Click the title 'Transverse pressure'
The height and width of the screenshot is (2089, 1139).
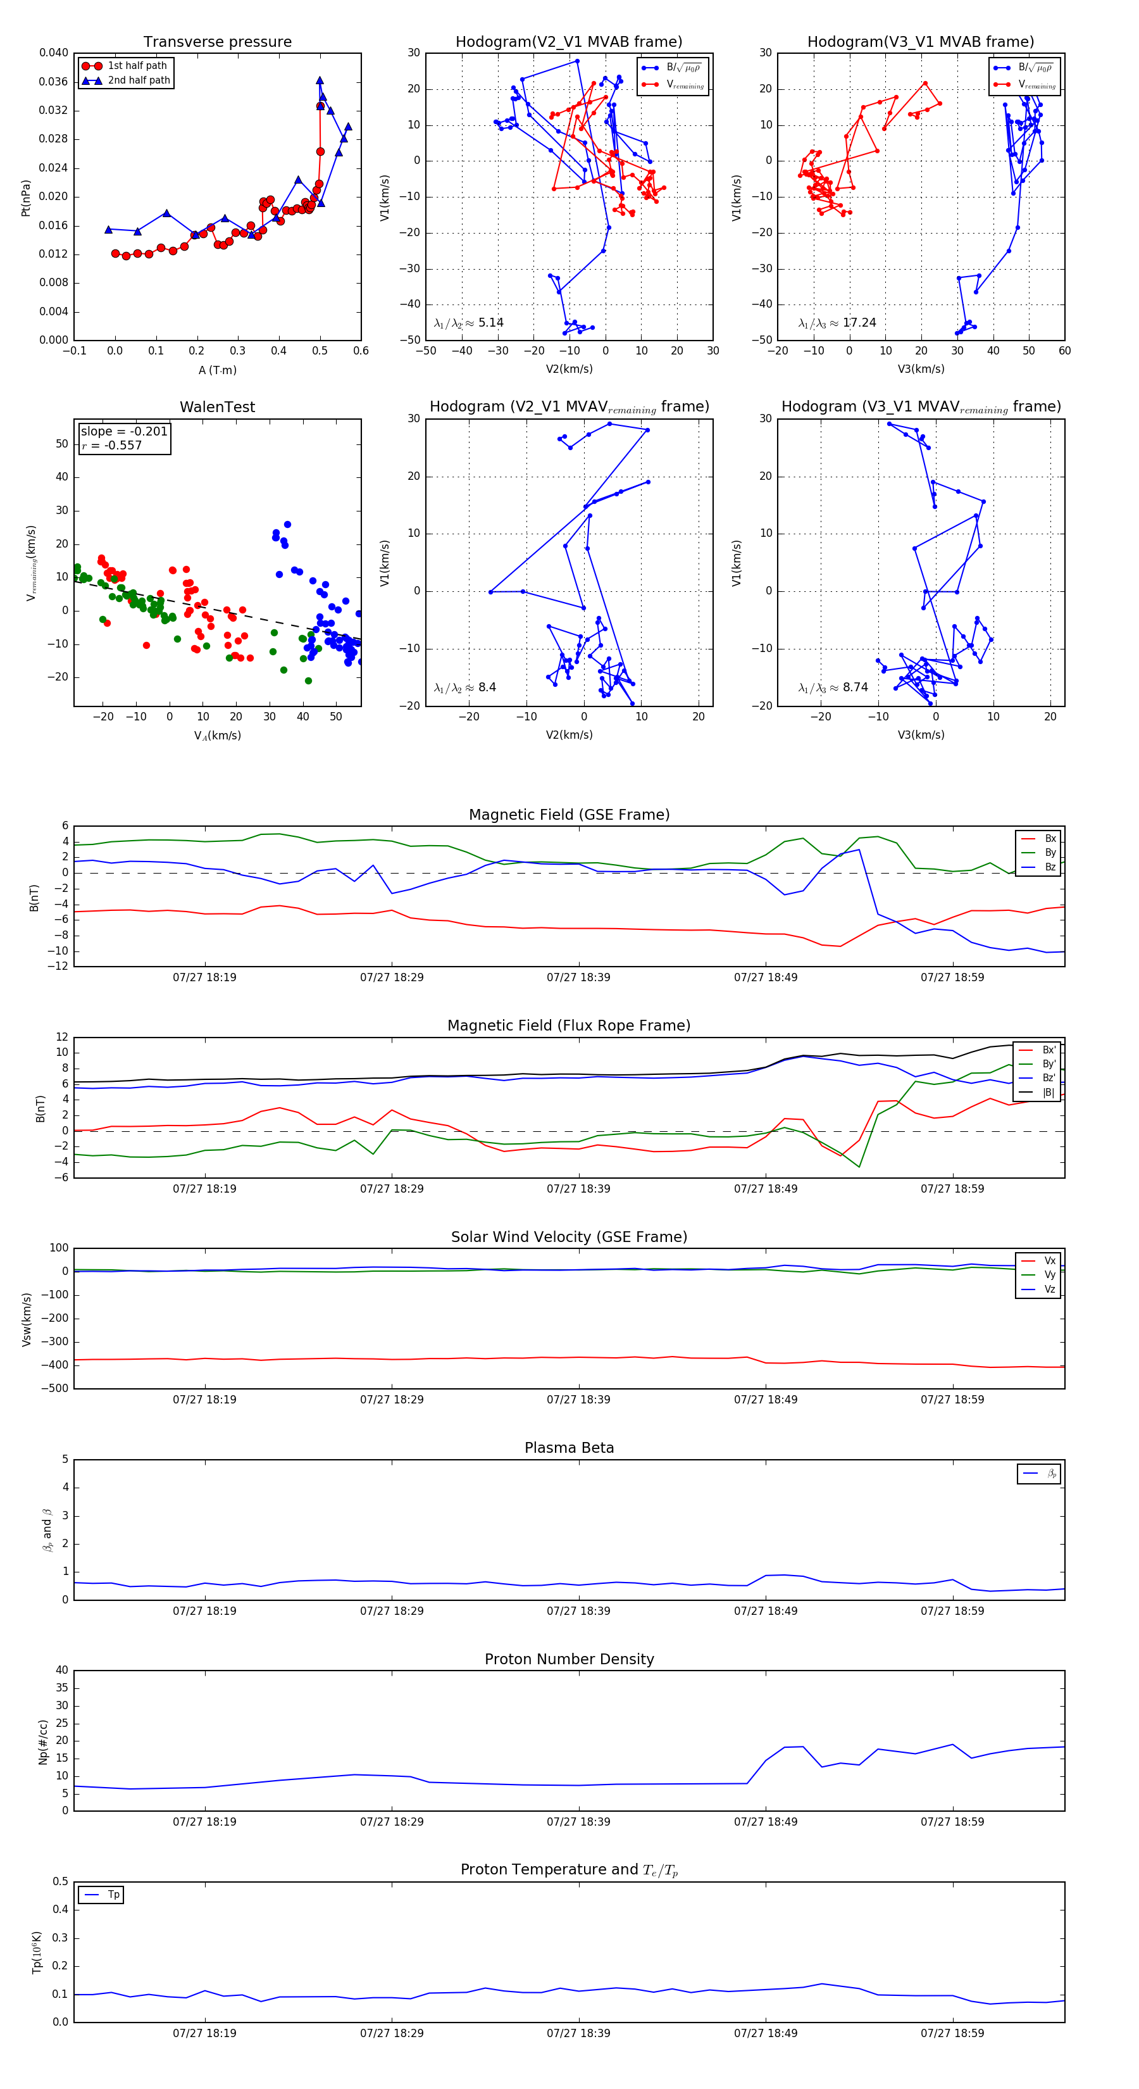[217, 42]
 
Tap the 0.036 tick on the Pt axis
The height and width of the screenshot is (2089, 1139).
[54, 82]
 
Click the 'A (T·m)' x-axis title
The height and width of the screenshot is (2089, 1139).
[217, 370]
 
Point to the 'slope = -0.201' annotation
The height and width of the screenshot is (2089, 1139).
[124, 432]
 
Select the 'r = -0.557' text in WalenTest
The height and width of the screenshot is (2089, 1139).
[112, 445]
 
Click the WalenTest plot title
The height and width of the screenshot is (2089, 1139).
[217, 407]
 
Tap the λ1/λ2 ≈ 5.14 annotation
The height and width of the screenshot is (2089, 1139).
[468, 323]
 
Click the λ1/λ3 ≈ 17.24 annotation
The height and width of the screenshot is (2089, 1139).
[837, 323]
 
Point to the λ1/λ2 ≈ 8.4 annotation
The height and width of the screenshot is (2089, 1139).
[464, 687]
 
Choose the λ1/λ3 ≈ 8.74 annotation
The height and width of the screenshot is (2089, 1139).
[833, 687]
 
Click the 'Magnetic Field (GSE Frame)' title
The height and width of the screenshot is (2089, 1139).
[569, 815]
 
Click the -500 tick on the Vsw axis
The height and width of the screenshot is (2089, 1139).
[55, 1388]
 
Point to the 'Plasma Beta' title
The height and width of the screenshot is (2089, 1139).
[569, 1448]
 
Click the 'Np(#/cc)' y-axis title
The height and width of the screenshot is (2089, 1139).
[43, 1742]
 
